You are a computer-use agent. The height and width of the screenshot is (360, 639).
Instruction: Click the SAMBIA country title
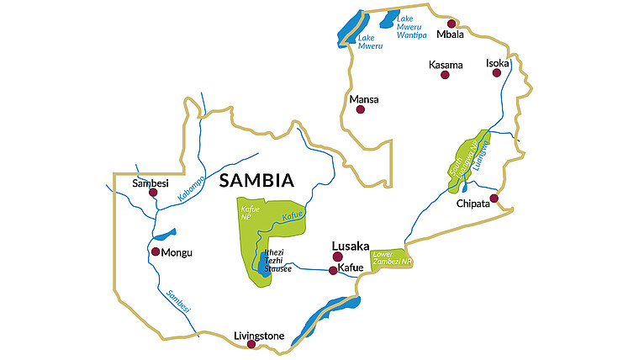[256, 180]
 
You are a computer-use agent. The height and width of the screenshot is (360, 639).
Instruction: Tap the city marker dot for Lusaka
[337, 257]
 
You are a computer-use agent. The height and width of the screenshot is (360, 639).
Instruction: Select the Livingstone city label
[259, 336]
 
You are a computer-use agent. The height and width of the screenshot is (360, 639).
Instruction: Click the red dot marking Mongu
[155, 251]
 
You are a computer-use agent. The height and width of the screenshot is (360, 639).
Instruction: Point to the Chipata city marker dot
[494, 199]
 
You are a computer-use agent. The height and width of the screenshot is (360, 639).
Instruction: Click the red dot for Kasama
[445, 75]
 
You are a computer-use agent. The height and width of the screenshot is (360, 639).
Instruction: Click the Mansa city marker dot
[361, 109]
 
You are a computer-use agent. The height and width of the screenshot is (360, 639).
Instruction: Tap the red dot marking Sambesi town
[153, 193]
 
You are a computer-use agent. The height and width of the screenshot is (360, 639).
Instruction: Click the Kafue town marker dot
[333, 270]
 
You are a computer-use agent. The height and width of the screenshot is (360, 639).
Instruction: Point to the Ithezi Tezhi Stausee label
[277, 260]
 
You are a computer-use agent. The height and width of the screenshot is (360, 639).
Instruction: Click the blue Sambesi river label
[178, 300]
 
